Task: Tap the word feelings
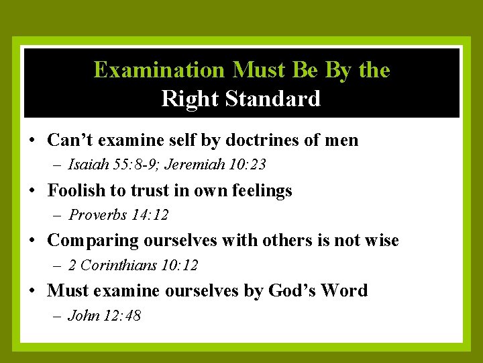262,191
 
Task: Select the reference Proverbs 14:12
119,215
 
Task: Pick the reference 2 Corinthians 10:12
133,266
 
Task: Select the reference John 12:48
105,315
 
